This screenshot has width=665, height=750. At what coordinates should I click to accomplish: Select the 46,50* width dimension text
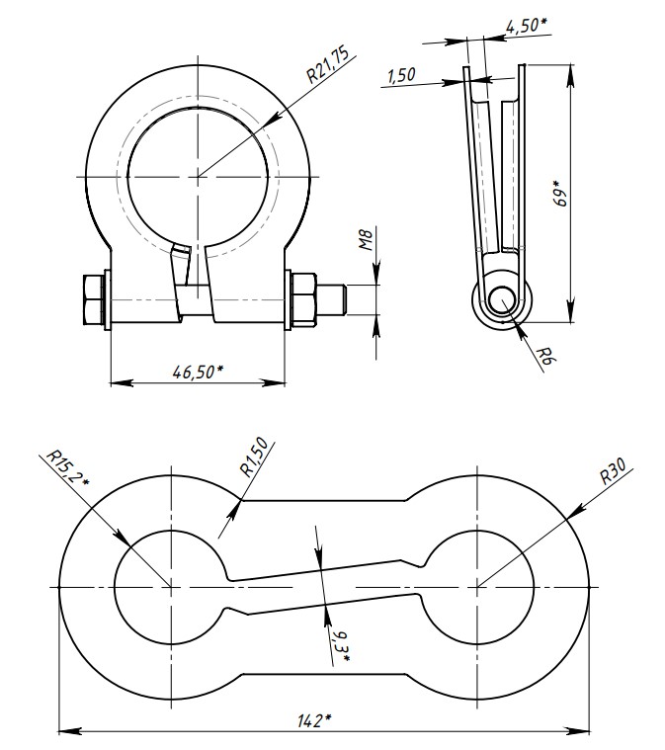pyautogui.click(x=198, y=371)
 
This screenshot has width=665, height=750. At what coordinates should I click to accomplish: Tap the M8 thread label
pyautogui.click(x=365, y=240)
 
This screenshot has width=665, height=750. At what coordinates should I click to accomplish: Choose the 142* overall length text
pyautogui.click(x=313, y=720)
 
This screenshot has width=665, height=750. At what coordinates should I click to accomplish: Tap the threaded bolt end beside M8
pyautogui.click(x=334, y=298)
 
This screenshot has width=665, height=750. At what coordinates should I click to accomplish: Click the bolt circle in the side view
pyautogui.click(x=503, y=300)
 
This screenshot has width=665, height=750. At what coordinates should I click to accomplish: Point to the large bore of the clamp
pyautogui.click(x=197, y=176)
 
